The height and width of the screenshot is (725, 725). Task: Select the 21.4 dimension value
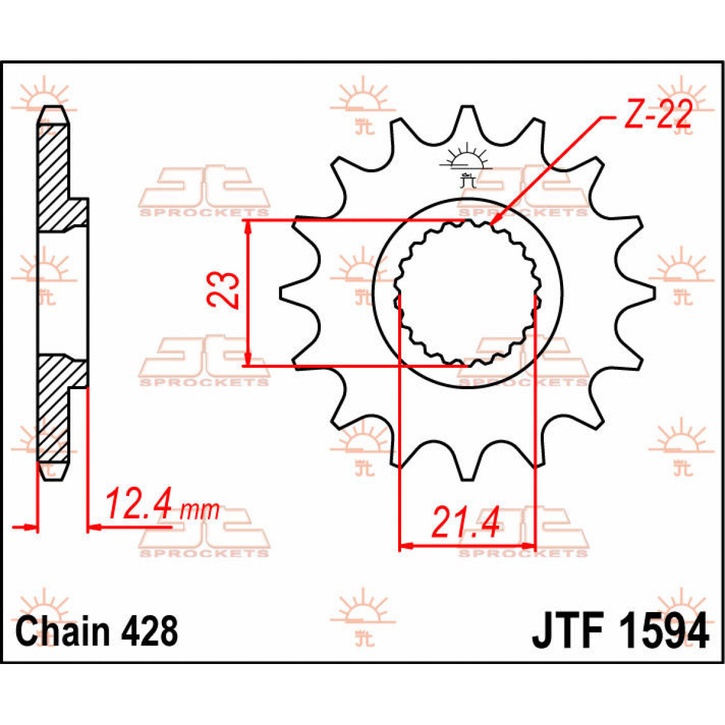465,523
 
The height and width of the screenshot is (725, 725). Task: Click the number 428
150,631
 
